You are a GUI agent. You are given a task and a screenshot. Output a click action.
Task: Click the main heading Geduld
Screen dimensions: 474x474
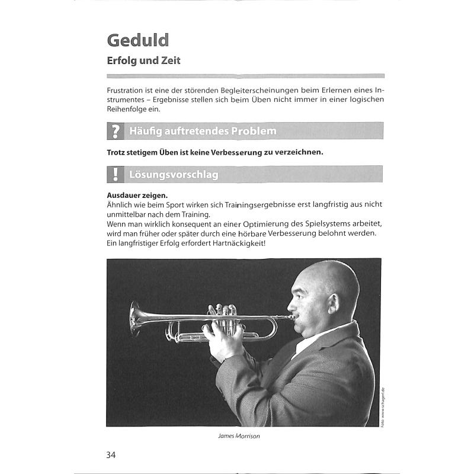pos(138,40)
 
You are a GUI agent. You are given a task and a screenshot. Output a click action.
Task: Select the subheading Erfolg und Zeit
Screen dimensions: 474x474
pos(143,60)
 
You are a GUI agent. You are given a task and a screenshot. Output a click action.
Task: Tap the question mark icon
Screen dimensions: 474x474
pos(114,130)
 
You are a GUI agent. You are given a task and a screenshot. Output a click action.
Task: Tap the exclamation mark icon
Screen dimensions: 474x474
pos(114,174)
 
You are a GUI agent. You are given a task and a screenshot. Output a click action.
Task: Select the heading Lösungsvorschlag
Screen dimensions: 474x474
pos(174,174)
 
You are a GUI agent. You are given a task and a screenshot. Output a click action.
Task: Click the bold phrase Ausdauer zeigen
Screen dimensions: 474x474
pos(137,195)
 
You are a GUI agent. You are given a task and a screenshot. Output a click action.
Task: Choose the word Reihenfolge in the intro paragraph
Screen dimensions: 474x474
pos(133,109)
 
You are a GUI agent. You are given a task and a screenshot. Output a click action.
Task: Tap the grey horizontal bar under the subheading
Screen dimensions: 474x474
pos(245,76)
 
